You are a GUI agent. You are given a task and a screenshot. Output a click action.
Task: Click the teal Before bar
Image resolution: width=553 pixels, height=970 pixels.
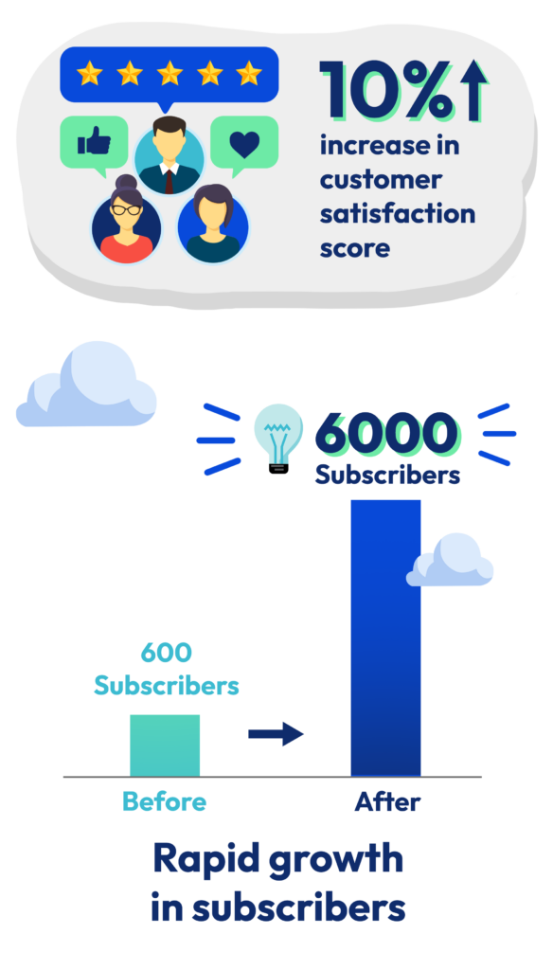coord(165,745)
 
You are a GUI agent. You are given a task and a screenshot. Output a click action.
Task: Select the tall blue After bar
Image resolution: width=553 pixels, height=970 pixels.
coord(385,638)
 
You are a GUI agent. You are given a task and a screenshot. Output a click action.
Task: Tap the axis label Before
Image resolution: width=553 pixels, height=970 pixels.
coord(165,801)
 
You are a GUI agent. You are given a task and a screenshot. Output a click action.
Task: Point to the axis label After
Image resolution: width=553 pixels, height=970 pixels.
coord(387,801)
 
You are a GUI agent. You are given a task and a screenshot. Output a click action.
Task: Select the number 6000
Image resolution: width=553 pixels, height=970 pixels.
coord(387,433)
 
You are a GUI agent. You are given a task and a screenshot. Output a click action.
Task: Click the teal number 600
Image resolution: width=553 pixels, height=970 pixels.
coord(167,652)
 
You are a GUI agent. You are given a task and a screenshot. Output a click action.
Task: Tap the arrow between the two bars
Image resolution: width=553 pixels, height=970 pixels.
coord(276,734)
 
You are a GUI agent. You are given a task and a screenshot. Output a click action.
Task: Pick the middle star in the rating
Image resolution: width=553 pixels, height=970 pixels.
coord(169,74)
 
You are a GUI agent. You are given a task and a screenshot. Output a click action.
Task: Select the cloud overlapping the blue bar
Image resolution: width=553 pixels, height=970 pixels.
coord(449,561)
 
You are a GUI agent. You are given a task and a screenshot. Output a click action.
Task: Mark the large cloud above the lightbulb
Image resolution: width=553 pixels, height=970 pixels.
coord(86,385)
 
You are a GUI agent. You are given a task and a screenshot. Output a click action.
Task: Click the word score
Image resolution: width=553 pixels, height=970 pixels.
coord(355,249)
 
